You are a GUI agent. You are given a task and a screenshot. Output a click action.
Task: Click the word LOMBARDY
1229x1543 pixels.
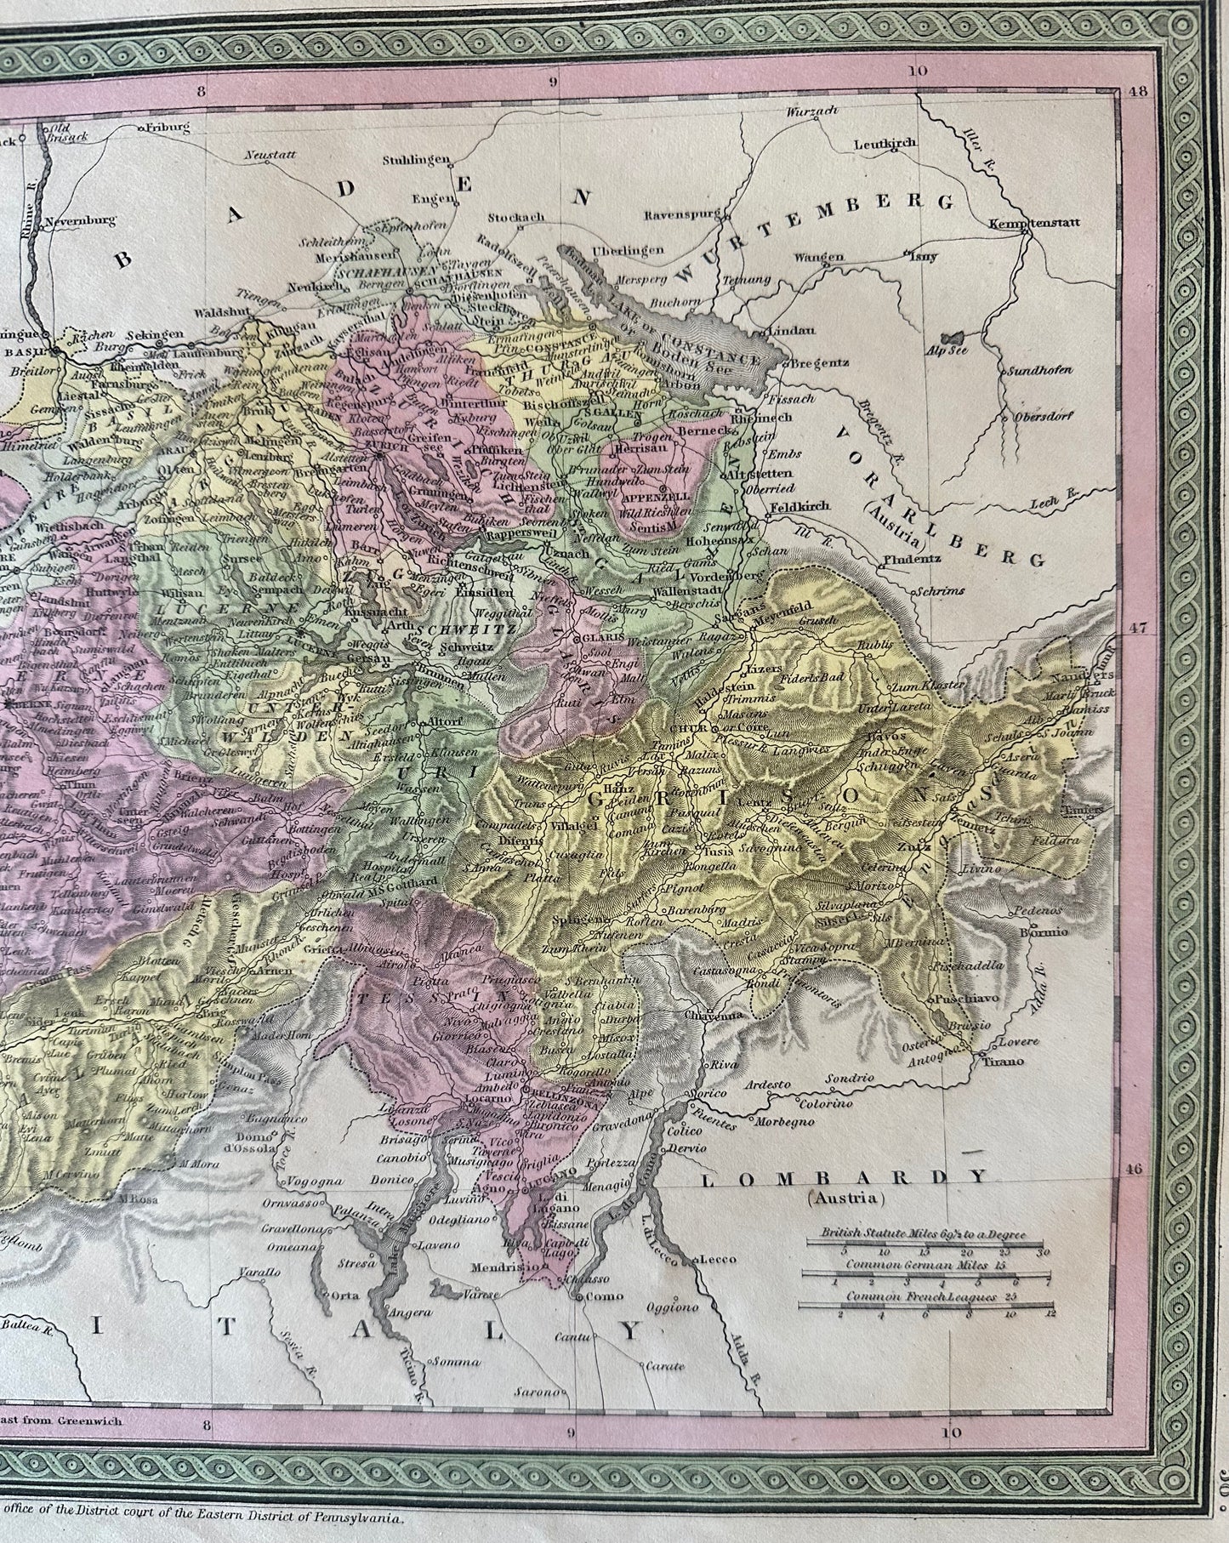843,1178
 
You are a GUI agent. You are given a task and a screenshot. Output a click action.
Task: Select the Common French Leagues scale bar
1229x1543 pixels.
925,1306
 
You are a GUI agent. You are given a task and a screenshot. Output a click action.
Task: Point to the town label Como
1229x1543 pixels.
594,1296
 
